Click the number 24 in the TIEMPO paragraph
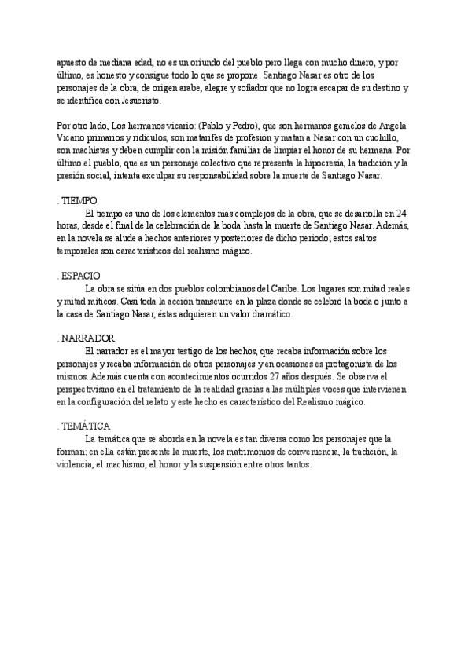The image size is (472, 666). click(402, 214)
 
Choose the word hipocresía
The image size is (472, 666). click(308, 163)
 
